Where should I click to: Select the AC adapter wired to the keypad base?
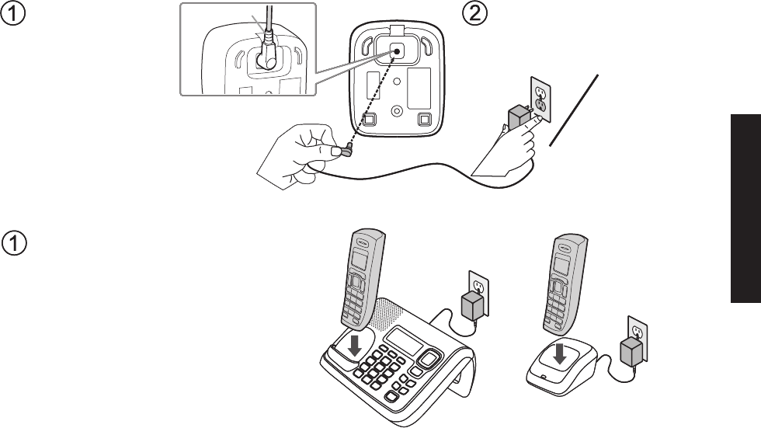[471, 307]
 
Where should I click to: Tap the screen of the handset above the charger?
[561, 265]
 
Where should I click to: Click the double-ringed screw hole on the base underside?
[398, 110]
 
